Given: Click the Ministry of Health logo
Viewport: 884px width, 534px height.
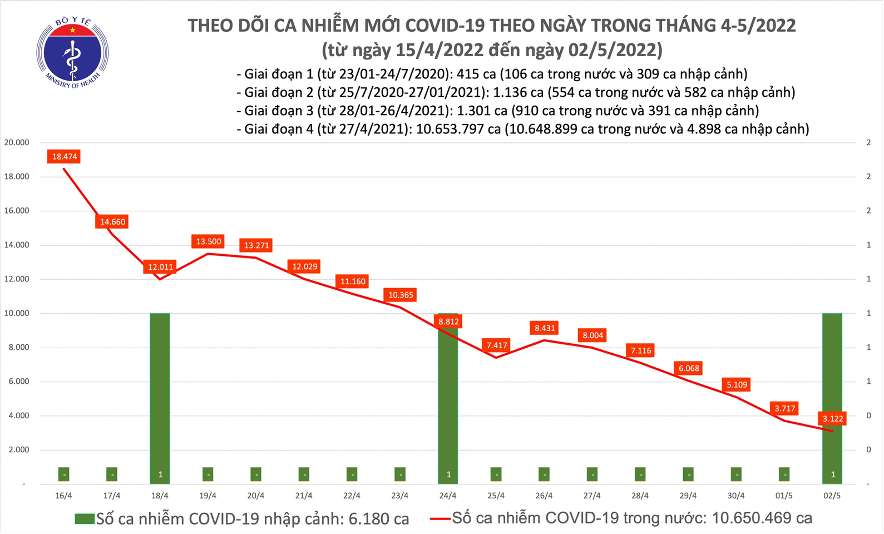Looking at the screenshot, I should pyautogui.click(x=72, y=53).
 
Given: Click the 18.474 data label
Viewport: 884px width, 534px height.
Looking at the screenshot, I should pyautogui.click(x=65, y=157).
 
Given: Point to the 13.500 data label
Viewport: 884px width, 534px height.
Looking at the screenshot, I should pyautogui.click(x=209, y=241).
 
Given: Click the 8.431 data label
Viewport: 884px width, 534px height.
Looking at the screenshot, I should pyautogui.click(x=545, y=328).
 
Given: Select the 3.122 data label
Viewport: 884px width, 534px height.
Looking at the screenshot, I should pyautogui.click(x=833, y=419).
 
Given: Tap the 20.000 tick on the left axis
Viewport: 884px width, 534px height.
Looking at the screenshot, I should pyautogui.click(x=17, y=142).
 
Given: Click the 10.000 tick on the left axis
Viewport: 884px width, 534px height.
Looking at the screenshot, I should pyautogui.click(x=17, y=313).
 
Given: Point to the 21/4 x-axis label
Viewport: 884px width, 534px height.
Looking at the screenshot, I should pyautogui.click(x=304, y=496).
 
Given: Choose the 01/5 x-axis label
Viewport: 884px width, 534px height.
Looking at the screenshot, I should pyautogui.click(x=784, y=496).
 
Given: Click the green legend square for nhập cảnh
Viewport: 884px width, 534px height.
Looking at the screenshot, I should pyautogui.click(x=85, y=519).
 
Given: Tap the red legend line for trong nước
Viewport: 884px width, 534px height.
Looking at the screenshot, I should pyautogui.click(x=439, y=519).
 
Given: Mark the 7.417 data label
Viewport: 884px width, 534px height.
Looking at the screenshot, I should pyautogui.click(x=497, y=345).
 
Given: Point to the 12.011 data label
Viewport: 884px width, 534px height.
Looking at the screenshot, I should pyautogui.click(x=160, y=267).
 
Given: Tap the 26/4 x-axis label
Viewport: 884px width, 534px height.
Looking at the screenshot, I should pyautogui.click(x=544, y=496).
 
